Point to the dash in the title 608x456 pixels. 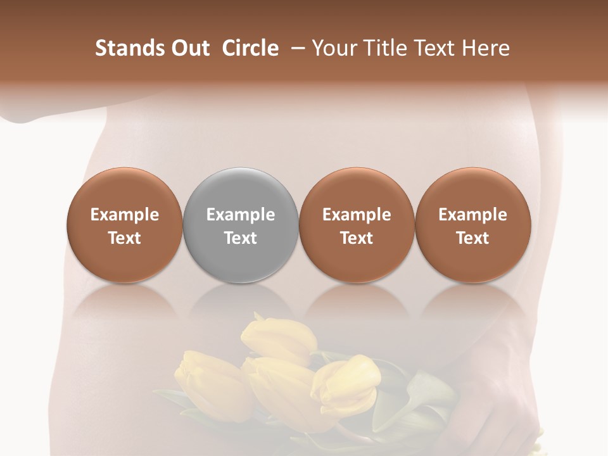[296, 48]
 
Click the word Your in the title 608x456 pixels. [332, 49]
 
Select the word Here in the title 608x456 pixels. [488, 48]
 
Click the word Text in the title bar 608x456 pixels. [433, 48]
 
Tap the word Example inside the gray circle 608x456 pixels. [241, 215]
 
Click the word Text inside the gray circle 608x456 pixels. [241, 238]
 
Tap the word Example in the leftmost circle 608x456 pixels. [125, 215]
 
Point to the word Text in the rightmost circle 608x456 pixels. [472, 238]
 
